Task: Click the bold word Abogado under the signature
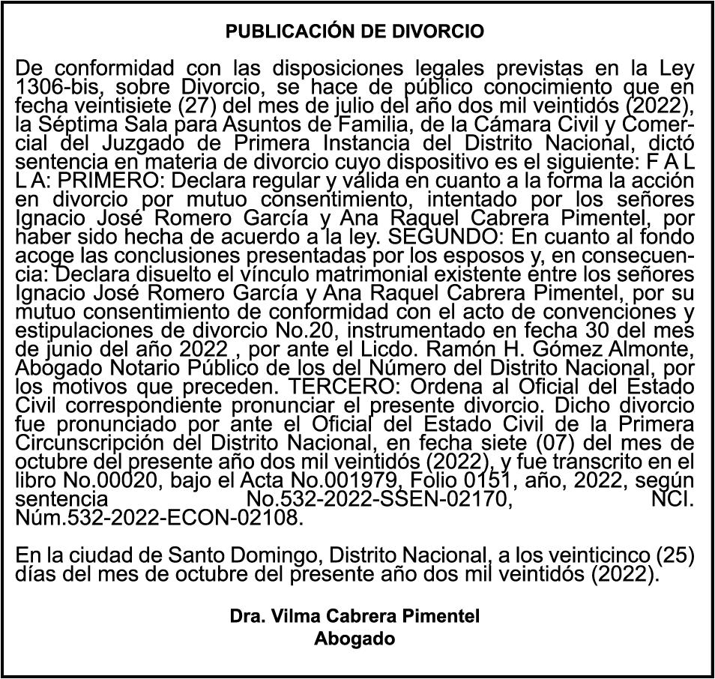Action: click(x=354, y=639)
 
